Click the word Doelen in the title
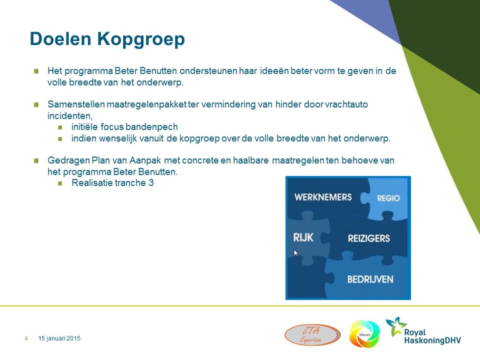[x=60, y=38]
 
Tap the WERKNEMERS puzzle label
[x=323, y=197]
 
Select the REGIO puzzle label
[x=389, y=198]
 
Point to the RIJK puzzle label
[x=303, y=238]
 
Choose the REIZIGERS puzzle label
[x=369, y=239]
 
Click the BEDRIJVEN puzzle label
[x=370, y=279]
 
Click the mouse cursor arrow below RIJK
[x=296, y=253]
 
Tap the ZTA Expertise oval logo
[x=312, y=335]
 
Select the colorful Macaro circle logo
[x=365, y=334]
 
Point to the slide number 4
[x=26, y=338]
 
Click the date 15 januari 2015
[x=60, y=338]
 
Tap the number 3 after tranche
[x=151, y=183]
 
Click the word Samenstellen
[x=76, y=105]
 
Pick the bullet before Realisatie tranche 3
[x=60, y=183]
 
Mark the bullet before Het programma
[x=37, y=71]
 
